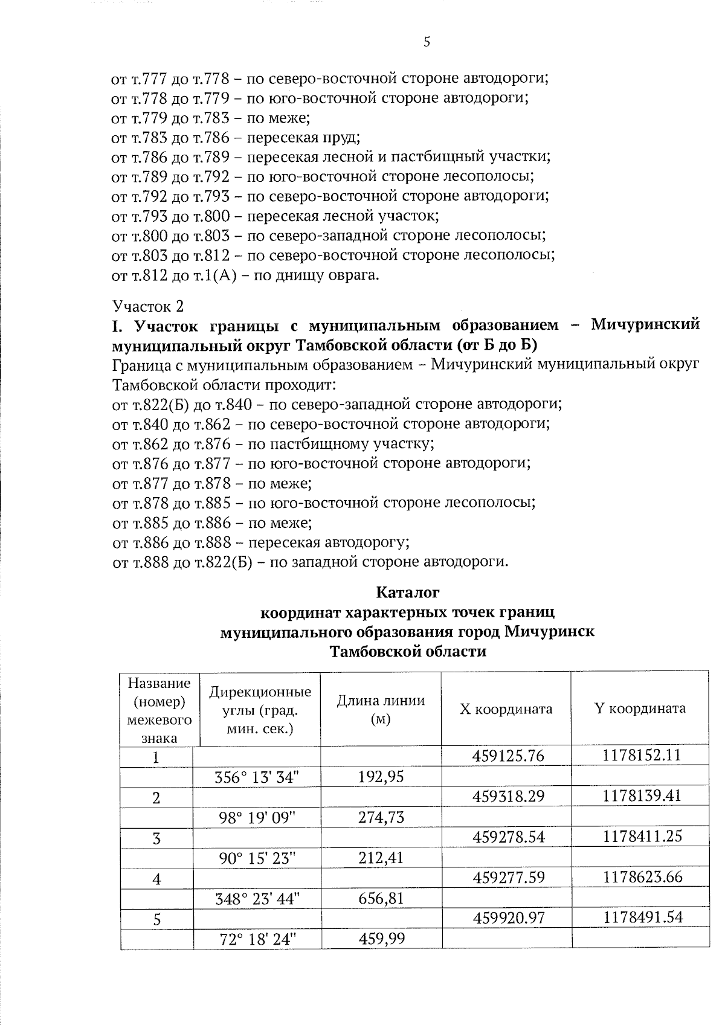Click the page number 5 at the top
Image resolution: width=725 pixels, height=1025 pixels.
427,42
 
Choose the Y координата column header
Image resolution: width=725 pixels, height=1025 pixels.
640,708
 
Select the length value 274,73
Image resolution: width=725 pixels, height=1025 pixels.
381,817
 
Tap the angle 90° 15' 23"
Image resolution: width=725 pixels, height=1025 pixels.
257,858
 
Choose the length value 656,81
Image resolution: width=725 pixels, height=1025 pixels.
381,898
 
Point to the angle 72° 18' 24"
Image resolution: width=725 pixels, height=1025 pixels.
256,939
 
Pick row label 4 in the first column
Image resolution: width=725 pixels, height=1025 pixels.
156,879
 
